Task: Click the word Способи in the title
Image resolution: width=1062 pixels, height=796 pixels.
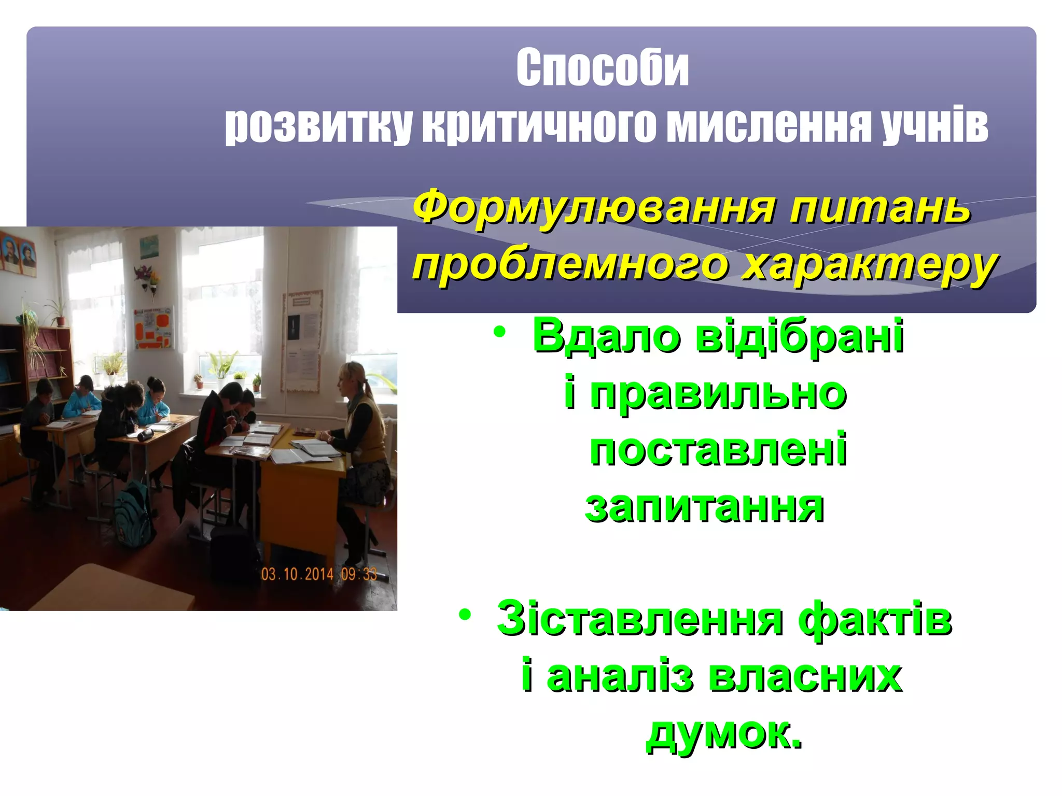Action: click(602, 68)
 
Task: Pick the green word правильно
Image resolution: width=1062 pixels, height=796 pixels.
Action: click(718, 394)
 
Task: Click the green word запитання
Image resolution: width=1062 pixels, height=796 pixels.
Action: click(704, 506)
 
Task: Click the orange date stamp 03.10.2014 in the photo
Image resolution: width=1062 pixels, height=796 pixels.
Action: click(297, 574)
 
